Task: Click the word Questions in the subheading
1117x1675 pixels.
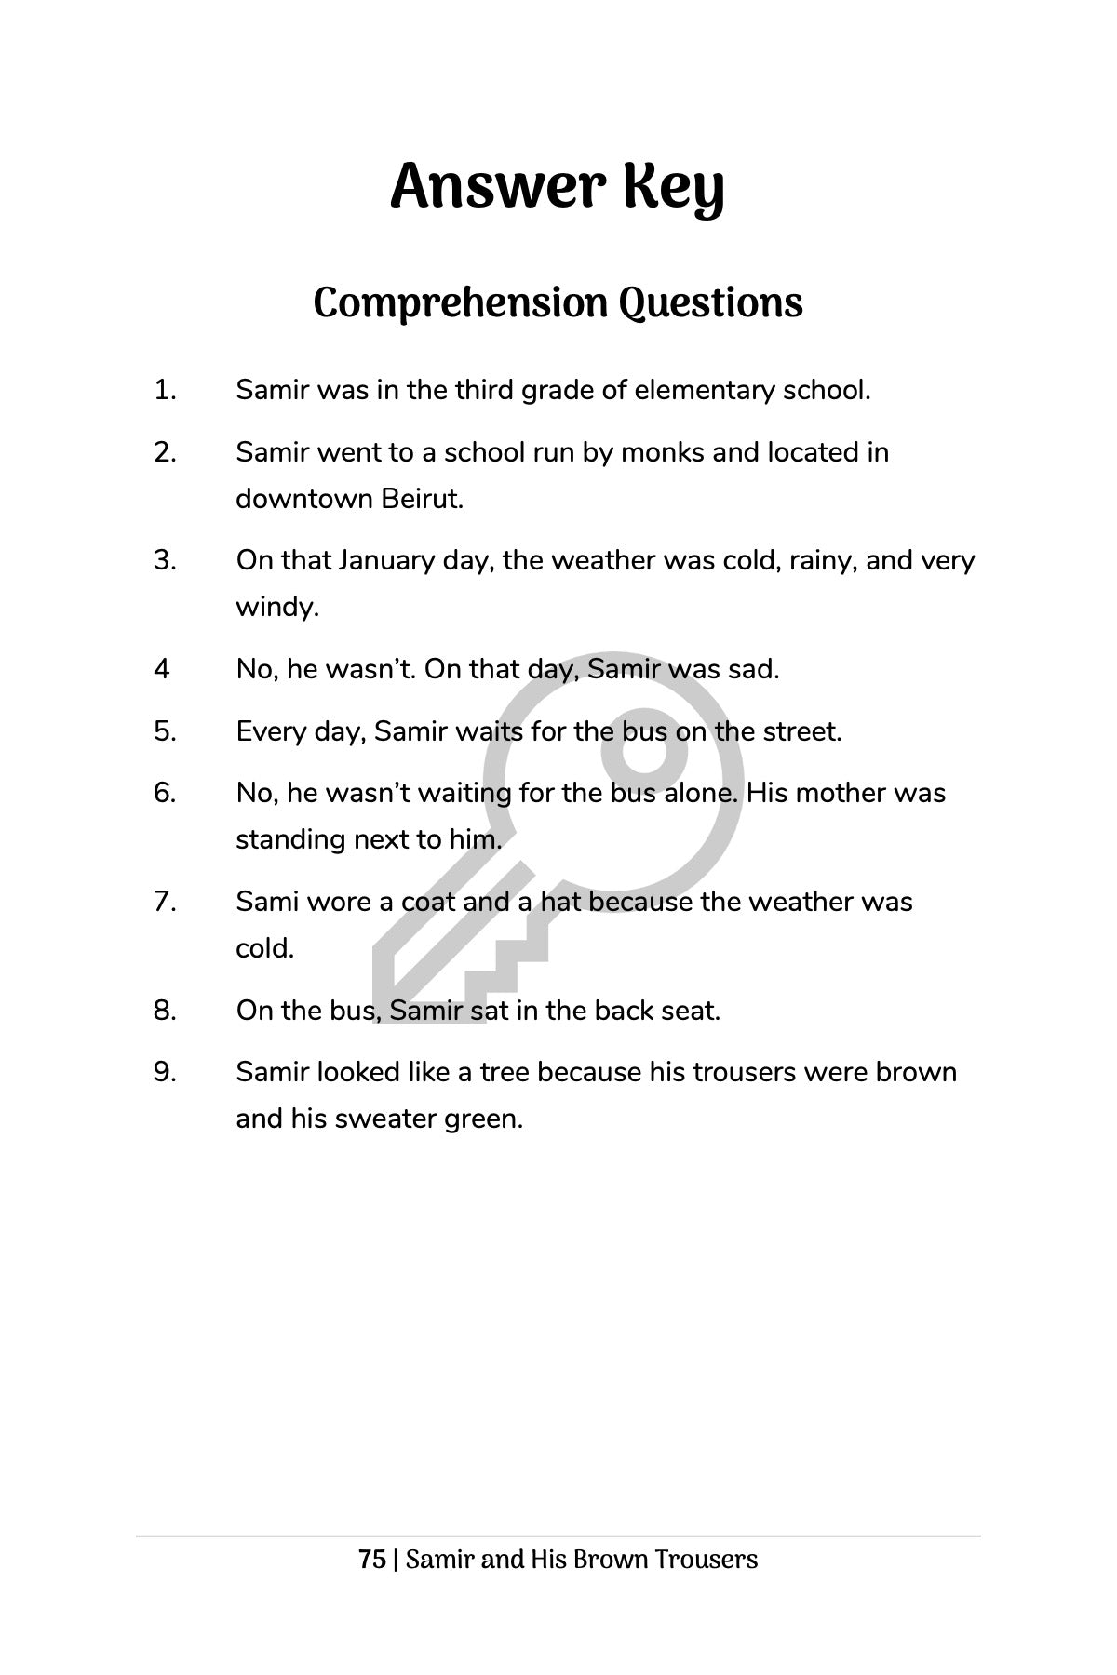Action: [710, 303]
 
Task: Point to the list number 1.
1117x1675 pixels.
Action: [165, 390]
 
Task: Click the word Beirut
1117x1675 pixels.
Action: [422, 499]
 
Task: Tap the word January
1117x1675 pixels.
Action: [386, 560]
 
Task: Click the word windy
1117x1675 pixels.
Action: [276, 607]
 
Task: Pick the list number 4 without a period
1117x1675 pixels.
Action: [162, 669]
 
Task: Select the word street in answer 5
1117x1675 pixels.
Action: [801, 731]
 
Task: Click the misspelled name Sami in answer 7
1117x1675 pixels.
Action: [266, 902]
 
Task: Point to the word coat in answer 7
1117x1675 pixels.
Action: [428, 902]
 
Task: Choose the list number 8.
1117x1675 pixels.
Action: [165, 1010]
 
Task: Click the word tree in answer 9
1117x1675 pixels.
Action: [505, 1072]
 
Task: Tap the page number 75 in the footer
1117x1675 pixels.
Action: [372, 1560]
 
